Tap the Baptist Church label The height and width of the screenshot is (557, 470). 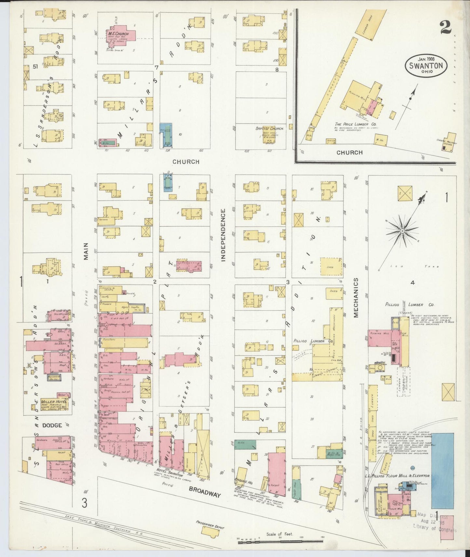(269, 129)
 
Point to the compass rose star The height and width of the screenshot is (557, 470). (402, 231)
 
